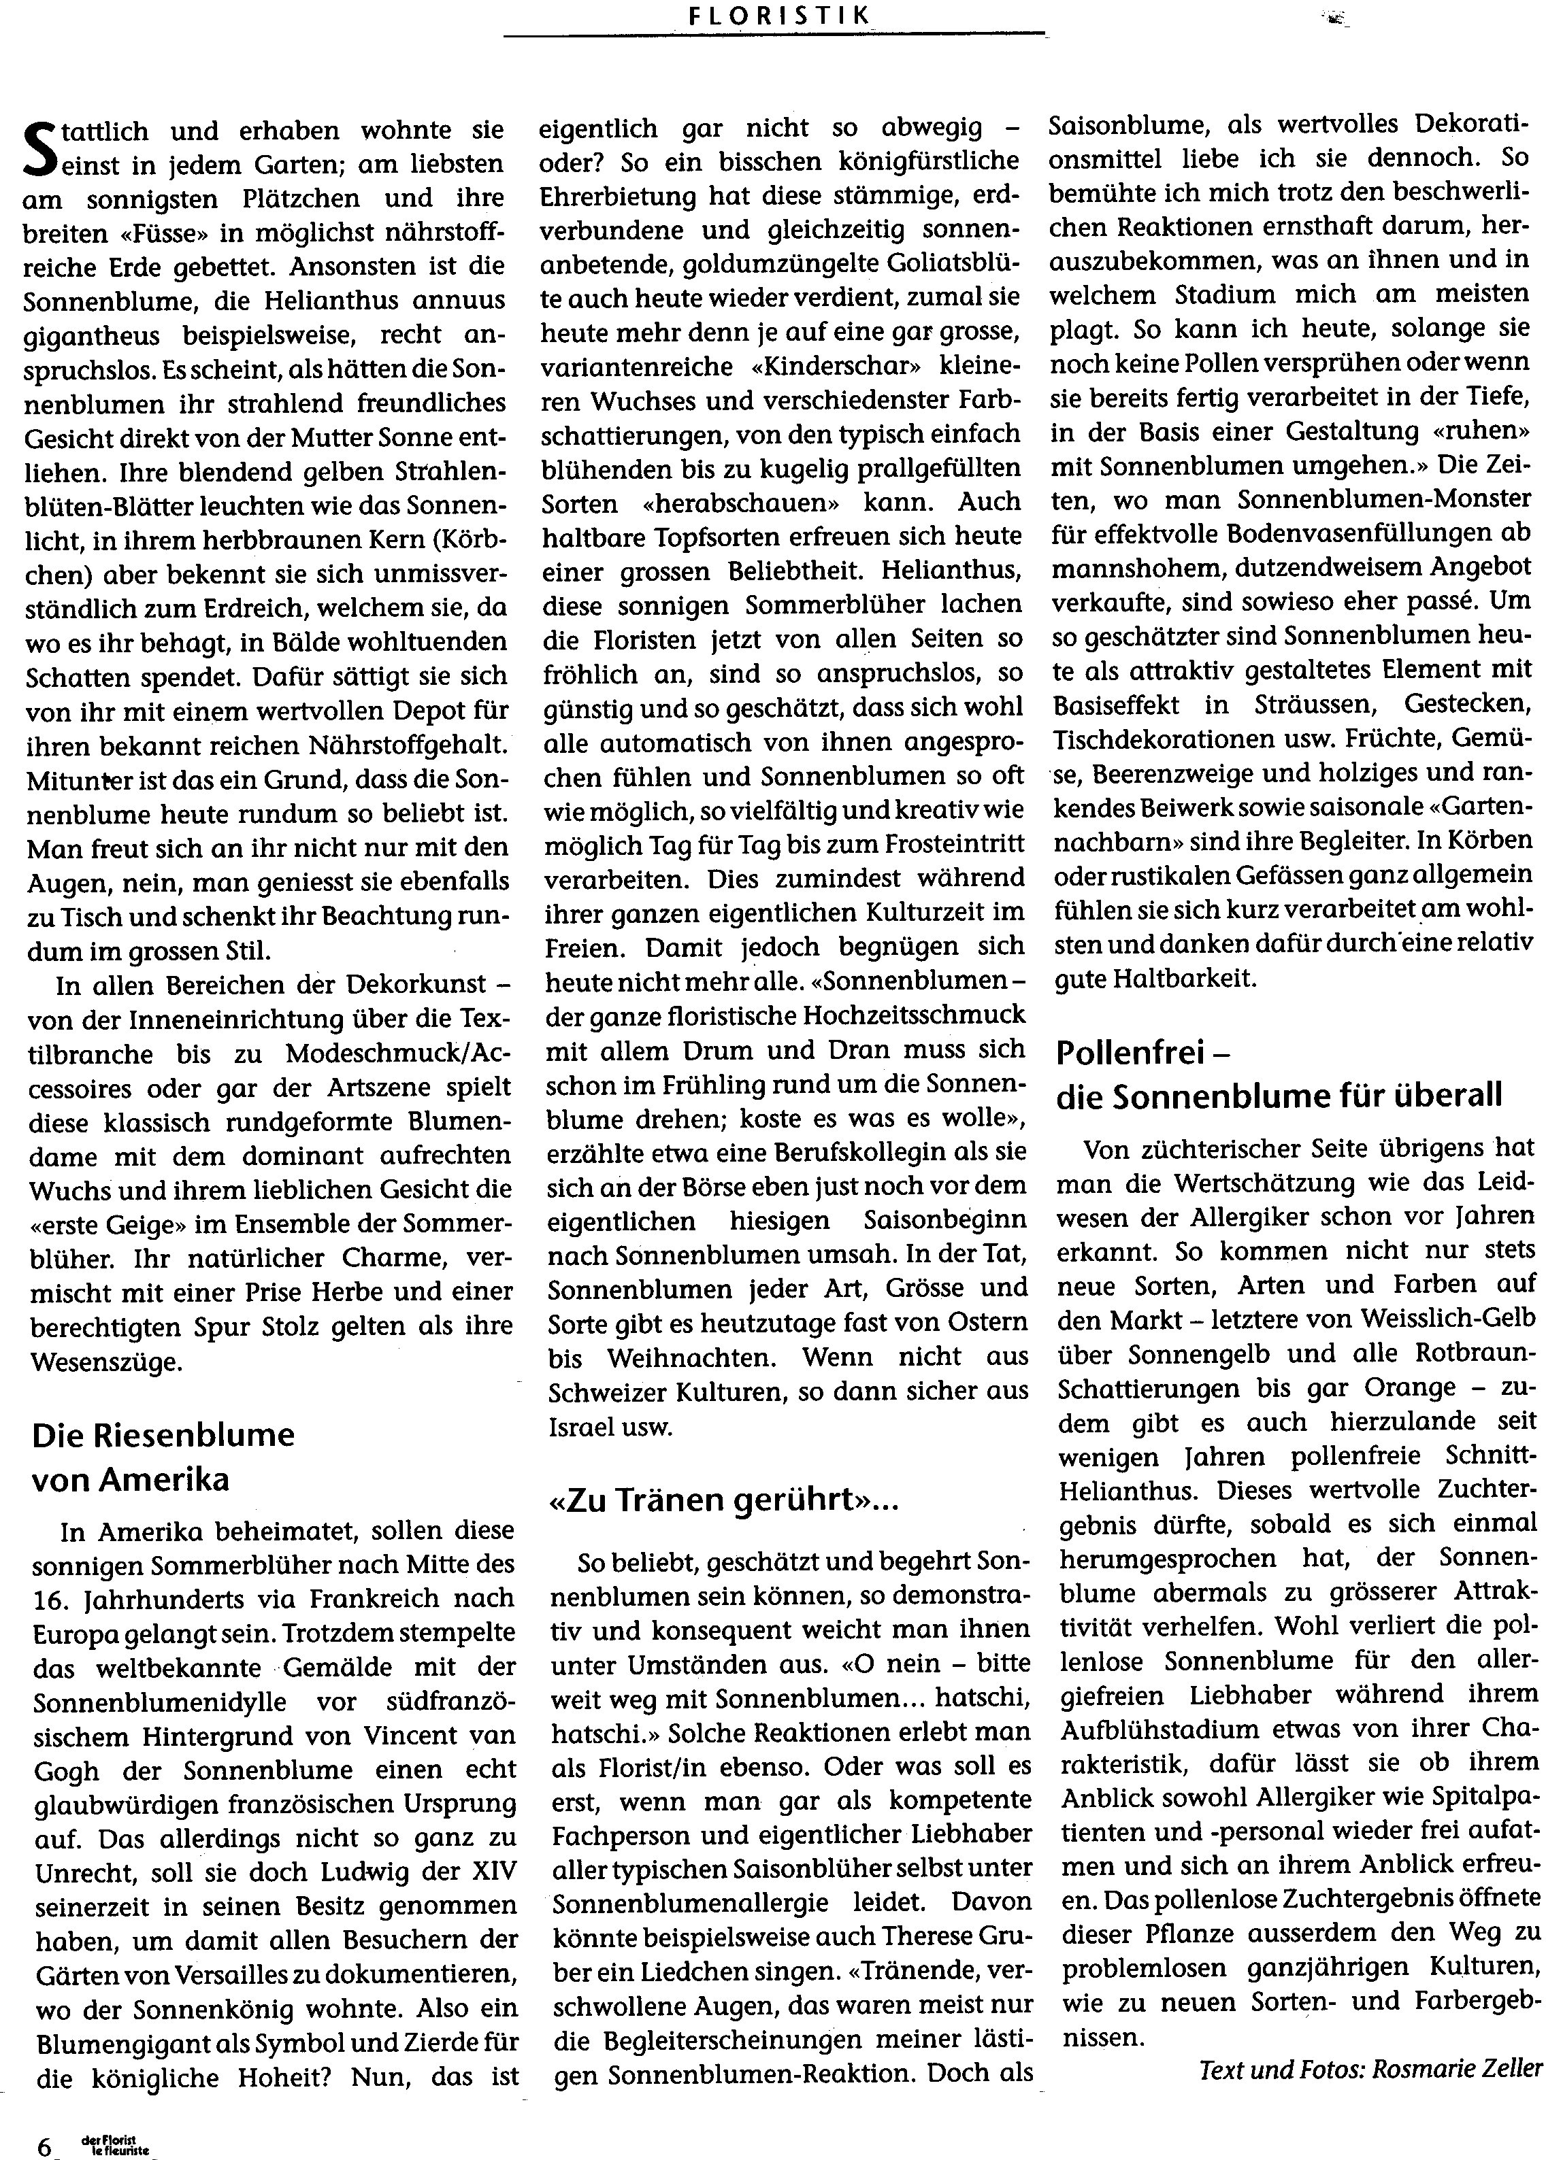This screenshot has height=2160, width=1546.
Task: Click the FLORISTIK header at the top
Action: pyautogui.click(x=773, y=15)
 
